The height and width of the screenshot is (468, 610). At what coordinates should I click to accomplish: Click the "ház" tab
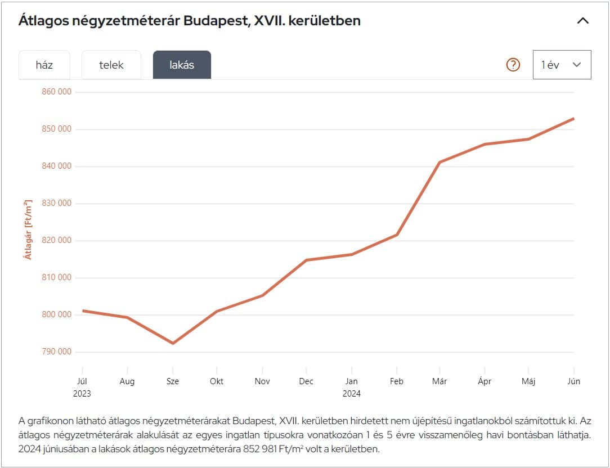pos(44,65)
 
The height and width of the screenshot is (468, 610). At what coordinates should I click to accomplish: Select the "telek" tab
pos(111,65)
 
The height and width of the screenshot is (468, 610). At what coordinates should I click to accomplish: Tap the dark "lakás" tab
pos(182,65)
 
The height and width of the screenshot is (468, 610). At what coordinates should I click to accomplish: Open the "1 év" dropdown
pos(562,65)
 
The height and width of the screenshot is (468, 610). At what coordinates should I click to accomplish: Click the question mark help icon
pos(513,65)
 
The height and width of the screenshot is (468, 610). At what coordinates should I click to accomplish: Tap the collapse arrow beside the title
pos(583,21)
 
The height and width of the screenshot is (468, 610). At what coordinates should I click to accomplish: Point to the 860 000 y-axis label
pos(57,92)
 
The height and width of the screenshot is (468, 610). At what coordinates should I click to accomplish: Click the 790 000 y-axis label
pos(57,352)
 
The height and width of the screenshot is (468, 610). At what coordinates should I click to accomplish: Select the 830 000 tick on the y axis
pos(57,204)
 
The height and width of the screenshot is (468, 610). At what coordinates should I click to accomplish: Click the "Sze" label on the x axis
pos(173,381)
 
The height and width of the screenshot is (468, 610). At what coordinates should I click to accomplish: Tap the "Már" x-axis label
pos(439,381)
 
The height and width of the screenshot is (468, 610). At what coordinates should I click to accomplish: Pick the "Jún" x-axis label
pos(573,381)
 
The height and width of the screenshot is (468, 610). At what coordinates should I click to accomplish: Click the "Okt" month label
pos(217,381)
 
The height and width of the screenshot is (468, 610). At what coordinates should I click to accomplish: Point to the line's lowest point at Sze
pos(173,343)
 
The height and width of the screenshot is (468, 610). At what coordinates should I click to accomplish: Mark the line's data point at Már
pos(439,162)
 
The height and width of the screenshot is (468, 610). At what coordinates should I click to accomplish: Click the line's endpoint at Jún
pos(573,119)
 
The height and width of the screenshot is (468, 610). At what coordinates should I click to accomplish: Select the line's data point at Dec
pos(306,260)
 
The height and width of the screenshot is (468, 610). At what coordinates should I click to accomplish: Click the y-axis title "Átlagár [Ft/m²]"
pos(28,229)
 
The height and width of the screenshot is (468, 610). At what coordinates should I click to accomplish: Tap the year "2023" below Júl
pos(82,394)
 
